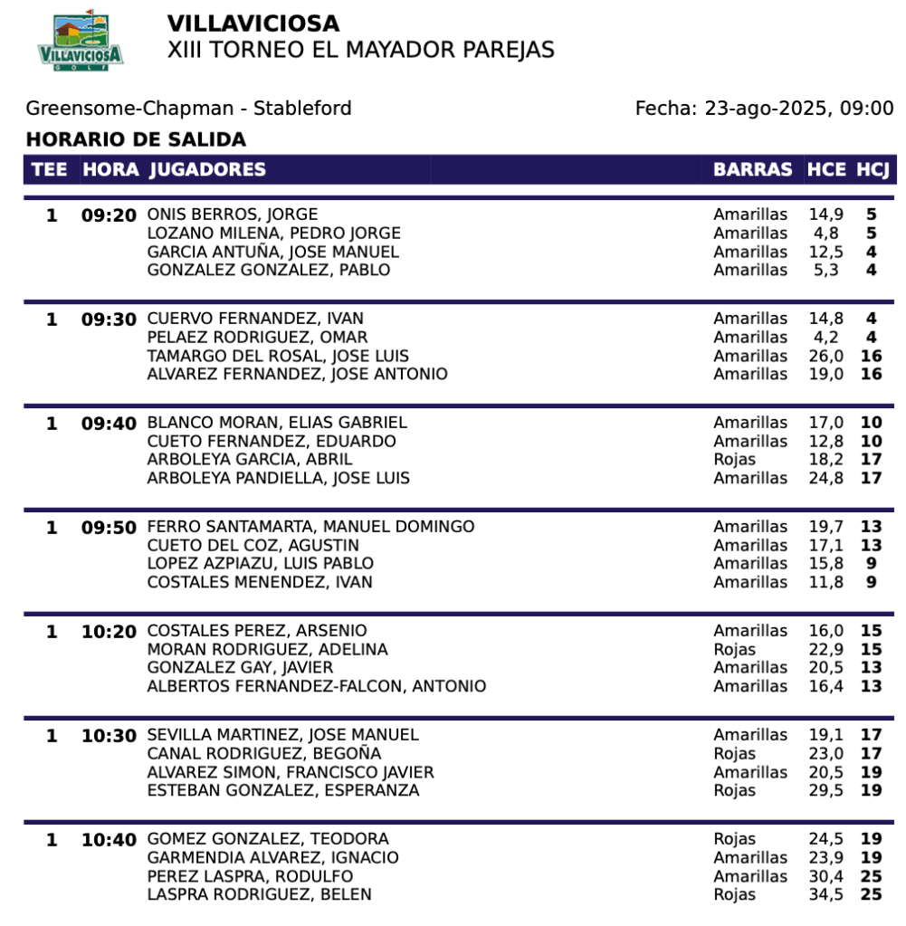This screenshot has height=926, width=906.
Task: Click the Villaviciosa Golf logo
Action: click(81, 41)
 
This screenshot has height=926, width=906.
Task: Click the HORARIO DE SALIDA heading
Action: click(136, 140)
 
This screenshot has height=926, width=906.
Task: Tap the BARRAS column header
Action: click(752, 169)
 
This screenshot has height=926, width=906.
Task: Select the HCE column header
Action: click(826, 169)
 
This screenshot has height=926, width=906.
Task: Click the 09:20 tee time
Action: click(109, 215)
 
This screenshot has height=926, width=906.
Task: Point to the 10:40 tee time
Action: click(109, 840)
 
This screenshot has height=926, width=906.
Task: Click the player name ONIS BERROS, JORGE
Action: click(233, 215)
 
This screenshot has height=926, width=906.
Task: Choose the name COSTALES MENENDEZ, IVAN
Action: click(260, 582)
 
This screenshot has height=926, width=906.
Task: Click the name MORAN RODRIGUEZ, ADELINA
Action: click(267, 649)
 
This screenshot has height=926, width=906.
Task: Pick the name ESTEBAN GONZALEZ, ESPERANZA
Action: click(283, 790)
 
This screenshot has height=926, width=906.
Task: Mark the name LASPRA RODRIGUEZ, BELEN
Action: click(259, 894)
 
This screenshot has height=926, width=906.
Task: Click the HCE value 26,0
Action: click(826, 356)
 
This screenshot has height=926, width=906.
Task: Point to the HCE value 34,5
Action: click(826, 894)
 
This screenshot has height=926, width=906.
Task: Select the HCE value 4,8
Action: click(829, 234)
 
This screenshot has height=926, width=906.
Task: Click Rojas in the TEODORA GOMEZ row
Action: click(734, 839)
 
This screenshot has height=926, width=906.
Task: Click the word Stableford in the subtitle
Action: click(302, 109)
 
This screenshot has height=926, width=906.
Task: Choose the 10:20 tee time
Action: click(109, 631)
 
